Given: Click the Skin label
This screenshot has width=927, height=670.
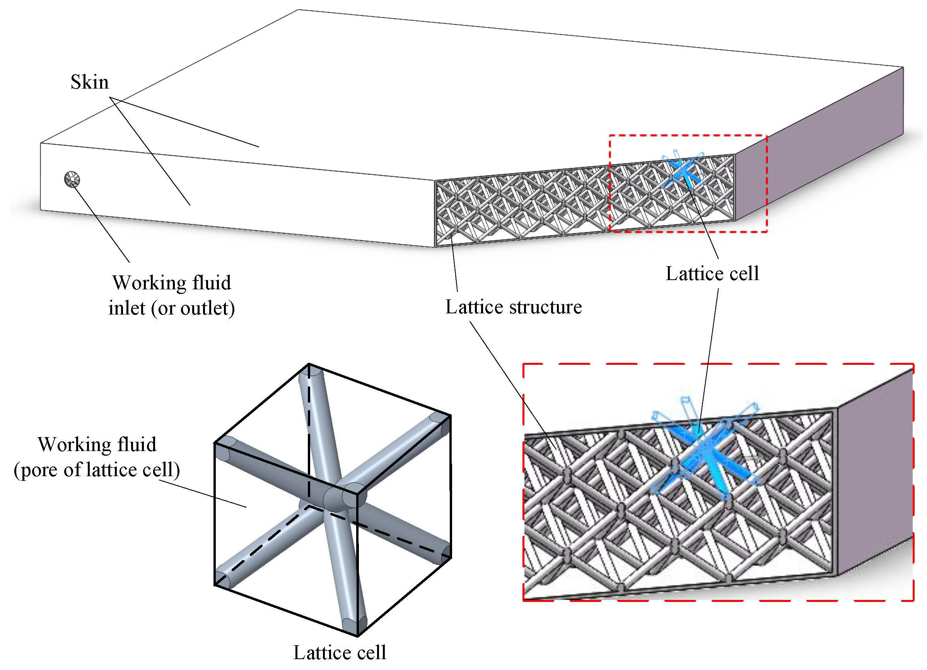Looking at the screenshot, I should point(89,82).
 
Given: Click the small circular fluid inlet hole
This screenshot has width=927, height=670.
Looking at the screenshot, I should point(72,179).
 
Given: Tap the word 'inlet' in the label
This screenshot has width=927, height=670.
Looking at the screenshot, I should point(126,309).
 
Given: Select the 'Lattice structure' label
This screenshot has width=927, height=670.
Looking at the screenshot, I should point(513,308).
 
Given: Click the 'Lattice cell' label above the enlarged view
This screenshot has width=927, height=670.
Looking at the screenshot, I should point(712,274).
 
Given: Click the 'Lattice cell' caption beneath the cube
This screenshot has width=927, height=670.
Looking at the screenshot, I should point(339,653).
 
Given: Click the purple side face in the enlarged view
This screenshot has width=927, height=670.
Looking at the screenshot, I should point(875,470).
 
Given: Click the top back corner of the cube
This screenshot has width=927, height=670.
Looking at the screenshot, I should point(309,365).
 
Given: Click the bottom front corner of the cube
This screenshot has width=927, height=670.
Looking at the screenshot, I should point(358,636).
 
